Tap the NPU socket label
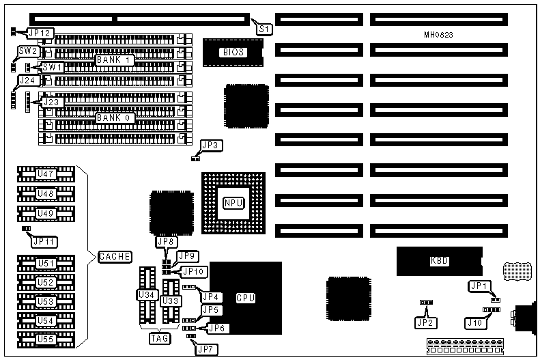click(232, 203)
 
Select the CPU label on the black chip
click(245, 298)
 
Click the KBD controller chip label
click(439, 261)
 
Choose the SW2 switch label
click(28, 51)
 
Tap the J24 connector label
click(27, 81)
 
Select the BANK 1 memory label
click(113, 59)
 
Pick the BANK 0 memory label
click(113, 117)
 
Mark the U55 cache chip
click(45, 338)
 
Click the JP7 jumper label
click(204, 350)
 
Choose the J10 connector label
click(474, 322)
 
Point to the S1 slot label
click(264, 29)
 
